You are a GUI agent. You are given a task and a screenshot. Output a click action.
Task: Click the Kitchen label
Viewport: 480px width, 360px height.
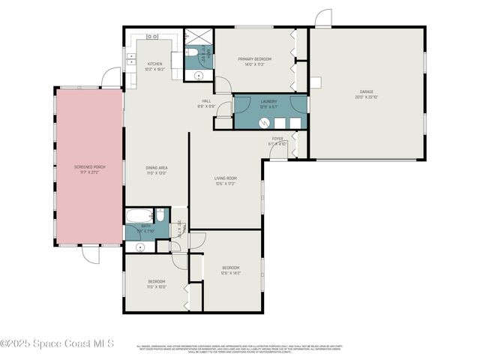(154, 64)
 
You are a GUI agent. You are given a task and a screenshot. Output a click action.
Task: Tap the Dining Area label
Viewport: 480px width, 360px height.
(156, 168)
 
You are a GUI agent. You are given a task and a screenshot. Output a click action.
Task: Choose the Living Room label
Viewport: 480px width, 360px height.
(225, 178)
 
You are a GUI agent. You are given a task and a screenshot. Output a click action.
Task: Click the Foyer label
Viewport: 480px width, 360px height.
(277, 139)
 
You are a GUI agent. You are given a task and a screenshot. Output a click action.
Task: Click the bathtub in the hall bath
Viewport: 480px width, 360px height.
(139, 216)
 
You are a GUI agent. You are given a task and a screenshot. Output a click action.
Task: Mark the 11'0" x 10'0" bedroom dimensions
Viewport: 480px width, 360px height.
(156, 286)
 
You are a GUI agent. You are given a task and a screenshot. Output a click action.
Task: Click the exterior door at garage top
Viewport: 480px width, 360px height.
(322, 18)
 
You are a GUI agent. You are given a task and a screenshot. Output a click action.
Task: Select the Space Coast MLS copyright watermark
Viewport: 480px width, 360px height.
(58, 343)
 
